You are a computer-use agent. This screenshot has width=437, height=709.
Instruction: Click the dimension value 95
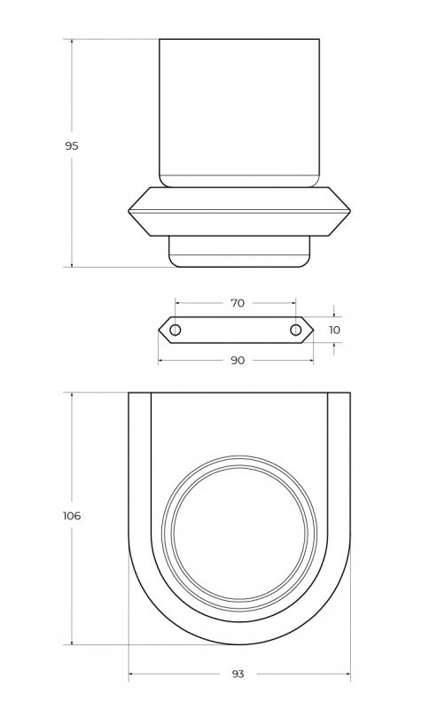tap(72, 145)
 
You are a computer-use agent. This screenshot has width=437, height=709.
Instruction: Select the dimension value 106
tap(72, 516)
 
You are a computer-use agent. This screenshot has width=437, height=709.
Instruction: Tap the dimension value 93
tap(238, 674)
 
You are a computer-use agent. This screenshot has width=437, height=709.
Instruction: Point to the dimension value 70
tap(238, 303)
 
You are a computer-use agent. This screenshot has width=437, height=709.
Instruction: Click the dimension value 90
tap(237, 361)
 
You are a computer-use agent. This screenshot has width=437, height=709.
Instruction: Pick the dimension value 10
tap(333, 330)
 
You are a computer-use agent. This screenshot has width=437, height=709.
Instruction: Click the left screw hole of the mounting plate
tap(176, 330)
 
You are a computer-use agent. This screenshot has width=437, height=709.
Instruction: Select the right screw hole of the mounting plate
tap(296, 330)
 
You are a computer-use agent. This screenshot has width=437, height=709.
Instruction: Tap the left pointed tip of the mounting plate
tap(160, 330)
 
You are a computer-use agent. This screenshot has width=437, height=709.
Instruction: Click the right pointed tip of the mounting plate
tap(312, 330)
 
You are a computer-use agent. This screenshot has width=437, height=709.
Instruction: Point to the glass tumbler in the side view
tap(238, 111)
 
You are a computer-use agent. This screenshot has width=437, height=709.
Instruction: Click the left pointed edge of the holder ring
tap(130, 211)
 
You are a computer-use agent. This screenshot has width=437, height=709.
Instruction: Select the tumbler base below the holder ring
tap(239, 251)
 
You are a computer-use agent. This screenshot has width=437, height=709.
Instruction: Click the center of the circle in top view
tap(239, 539)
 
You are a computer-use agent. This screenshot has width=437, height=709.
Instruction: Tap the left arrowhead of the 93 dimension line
tap(131, 674)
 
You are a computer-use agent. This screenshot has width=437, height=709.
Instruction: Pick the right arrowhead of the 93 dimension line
tap(347, 674)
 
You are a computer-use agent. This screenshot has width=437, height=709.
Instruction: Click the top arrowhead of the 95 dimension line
tap(72, 41)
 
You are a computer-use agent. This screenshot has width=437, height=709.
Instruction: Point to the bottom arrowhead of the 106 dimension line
tap(72, 643)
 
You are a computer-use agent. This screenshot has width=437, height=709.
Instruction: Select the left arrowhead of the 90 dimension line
tap(161, 361)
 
